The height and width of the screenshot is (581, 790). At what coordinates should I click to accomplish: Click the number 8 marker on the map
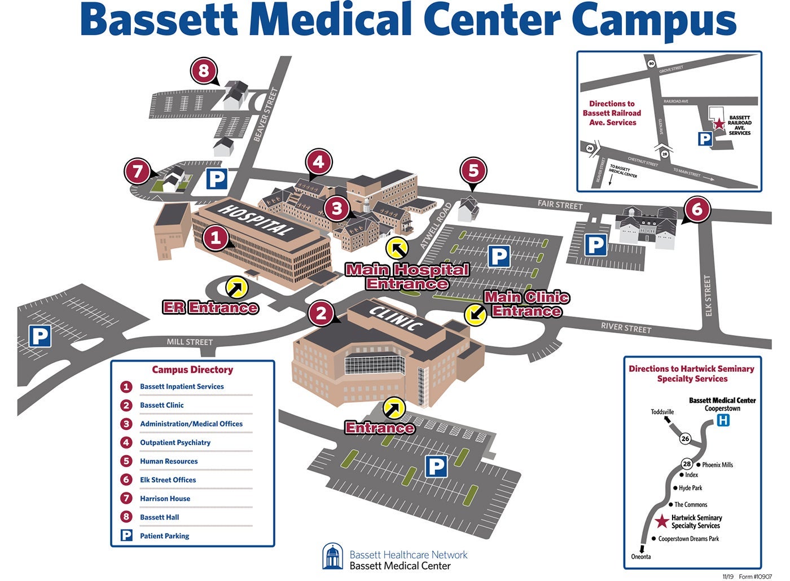(204, 71)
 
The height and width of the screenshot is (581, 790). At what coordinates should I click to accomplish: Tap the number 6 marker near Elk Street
(697, 210)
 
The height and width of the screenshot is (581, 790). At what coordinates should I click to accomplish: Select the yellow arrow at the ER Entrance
(236, 287)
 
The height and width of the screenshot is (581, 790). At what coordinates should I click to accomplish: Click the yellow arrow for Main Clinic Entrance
(475, 314)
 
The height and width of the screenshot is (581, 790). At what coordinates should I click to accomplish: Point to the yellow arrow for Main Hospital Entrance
(397, 248)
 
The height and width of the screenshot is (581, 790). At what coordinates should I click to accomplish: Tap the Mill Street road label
(190, 342)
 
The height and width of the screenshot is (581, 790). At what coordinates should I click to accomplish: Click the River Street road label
(626, 327)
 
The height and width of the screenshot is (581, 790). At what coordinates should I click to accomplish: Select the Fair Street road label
(560, 205)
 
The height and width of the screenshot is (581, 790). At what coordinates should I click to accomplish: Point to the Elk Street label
(708, 296)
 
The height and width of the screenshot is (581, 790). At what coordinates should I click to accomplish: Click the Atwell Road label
(436, 226)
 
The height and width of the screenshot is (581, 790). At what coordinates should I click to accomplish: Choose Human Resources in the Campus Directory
(169, 461)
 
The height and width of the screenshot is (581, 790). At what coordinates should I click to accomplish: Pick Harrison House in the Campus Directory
(165, 499)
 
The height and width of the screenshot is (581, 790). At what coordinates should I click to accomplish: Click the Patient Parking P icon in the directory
(126, 535)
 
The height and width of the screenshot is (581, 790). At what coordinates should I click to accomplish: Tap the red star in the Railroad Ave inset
(719, 124)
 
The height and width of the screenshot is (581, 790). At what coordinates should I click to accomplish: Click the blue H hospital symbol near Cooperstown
(723, 420)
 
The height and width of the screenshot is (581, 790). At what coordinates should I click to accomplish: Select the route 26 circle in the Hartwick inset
(685, 438)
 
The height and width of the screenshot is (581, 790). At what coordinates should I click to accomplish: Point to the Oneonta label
(641, 557)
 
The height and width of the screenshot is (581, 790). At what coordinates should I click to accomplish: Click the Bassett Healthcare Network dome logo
(332, 557)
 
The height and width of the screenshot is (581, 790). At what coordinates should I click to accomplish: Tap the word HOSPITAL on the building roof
(257, 219)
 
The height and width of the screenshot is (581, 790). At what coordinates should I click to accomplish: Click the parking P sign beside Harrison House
(217, 179)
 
